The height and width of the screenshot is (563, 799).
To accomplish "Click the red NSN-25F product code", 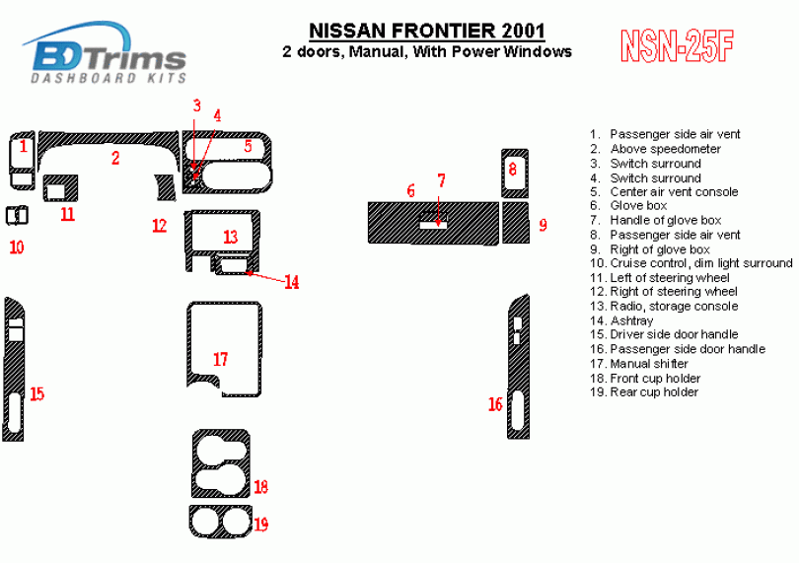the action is click(x=678, y=46).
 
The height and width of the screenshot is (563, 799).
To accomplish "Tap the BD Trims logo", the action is click(x=105, y=52).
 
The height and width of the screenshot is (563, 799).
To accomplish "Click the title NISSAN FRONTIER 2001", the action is click(x=427, y=32).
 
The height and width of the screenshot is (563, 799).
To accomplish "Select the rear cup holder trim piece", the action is click(x=221, y=522).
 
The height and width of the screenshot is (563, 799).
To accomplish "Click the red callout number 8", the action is click(x=513, y=169).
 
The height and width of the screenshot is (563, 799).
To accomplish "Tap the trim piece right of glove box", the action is click(x=515, y=223).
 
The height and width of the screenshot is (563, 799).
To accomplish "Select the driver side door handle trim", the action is click(x=14, y=370).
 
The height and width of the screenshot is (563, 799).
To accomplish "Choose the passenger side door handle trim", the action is click(x=519, y=367).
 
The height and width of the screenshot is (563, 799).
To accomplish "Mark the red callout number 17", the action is click(x=221, y=359).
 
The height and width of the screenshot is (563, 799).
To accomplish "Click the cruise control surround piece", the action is click(x=17, y=215).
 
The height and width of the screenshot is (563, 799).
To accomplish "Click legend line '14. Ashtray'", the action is click(x=621, y=320).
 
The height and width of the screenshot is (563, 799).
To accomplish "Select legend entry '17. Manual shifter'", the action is click(x=638, y=364).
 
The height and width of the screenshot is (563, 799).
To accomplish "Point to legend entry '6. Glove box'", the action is click(x=628, y=205).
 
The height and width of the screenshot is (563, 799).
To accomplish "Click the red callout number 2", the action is click(x=115, y=158).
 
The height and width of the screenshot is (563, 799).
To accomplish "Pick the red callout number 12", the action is click(x=160, y=225).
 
